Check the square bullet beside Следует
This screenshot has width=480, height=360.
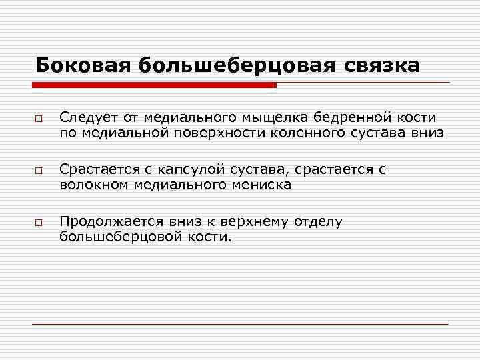coord(40,119)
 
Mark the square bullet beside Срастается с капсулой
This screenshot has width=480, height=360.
coord(40,171)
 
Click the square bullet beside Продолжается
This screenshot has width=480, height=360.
coord(40,223)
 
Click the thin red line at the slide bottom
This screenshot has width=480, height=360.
coord(240,323)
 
